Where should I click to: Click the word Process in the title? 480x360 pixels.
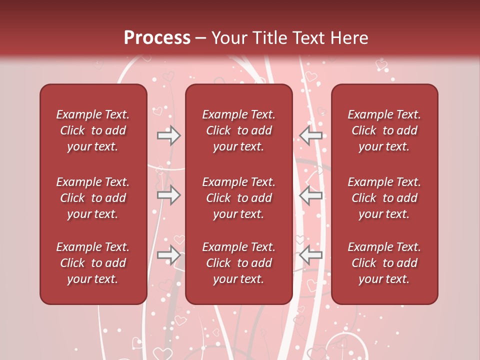tap(157, 38)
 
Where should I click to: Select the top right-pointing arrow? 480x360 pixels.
tap(169, 135)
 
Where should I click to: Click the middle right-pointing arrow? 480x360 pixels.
tap(169, 195)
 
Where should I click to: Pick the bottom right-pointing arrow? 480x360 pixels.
tap(169, 255)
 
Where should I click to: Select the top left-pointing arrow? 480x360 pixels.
tap(310, 135)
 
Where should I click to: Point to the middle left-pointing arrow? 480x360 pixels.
tap(310, 195)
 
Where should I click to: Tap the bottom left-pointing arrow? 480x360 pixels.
tap(310, 255)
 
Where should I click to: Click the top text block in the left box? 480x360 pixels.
tap(93, 130)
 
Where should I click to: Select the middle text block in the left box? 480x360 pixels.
tap(93, 198)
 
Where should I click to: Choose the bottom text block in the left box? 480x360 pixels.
tap(93, 263)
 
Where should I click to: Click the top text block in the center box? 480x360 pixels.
tap(238, 130)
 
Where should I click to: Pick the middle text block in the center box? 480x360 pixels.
tap(238, 198)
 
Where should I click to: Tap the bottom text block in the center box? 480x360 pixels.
tap(238, 263)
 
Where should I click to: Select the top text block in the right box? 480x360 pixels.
tap(384, 130)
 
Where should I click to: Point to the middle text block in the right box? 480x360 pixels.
tap(384, 198)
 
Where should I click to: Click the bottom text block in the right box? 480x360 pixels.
tap(384, 263)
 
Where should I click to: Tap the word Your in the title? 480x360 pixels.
tap(228, 38)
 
